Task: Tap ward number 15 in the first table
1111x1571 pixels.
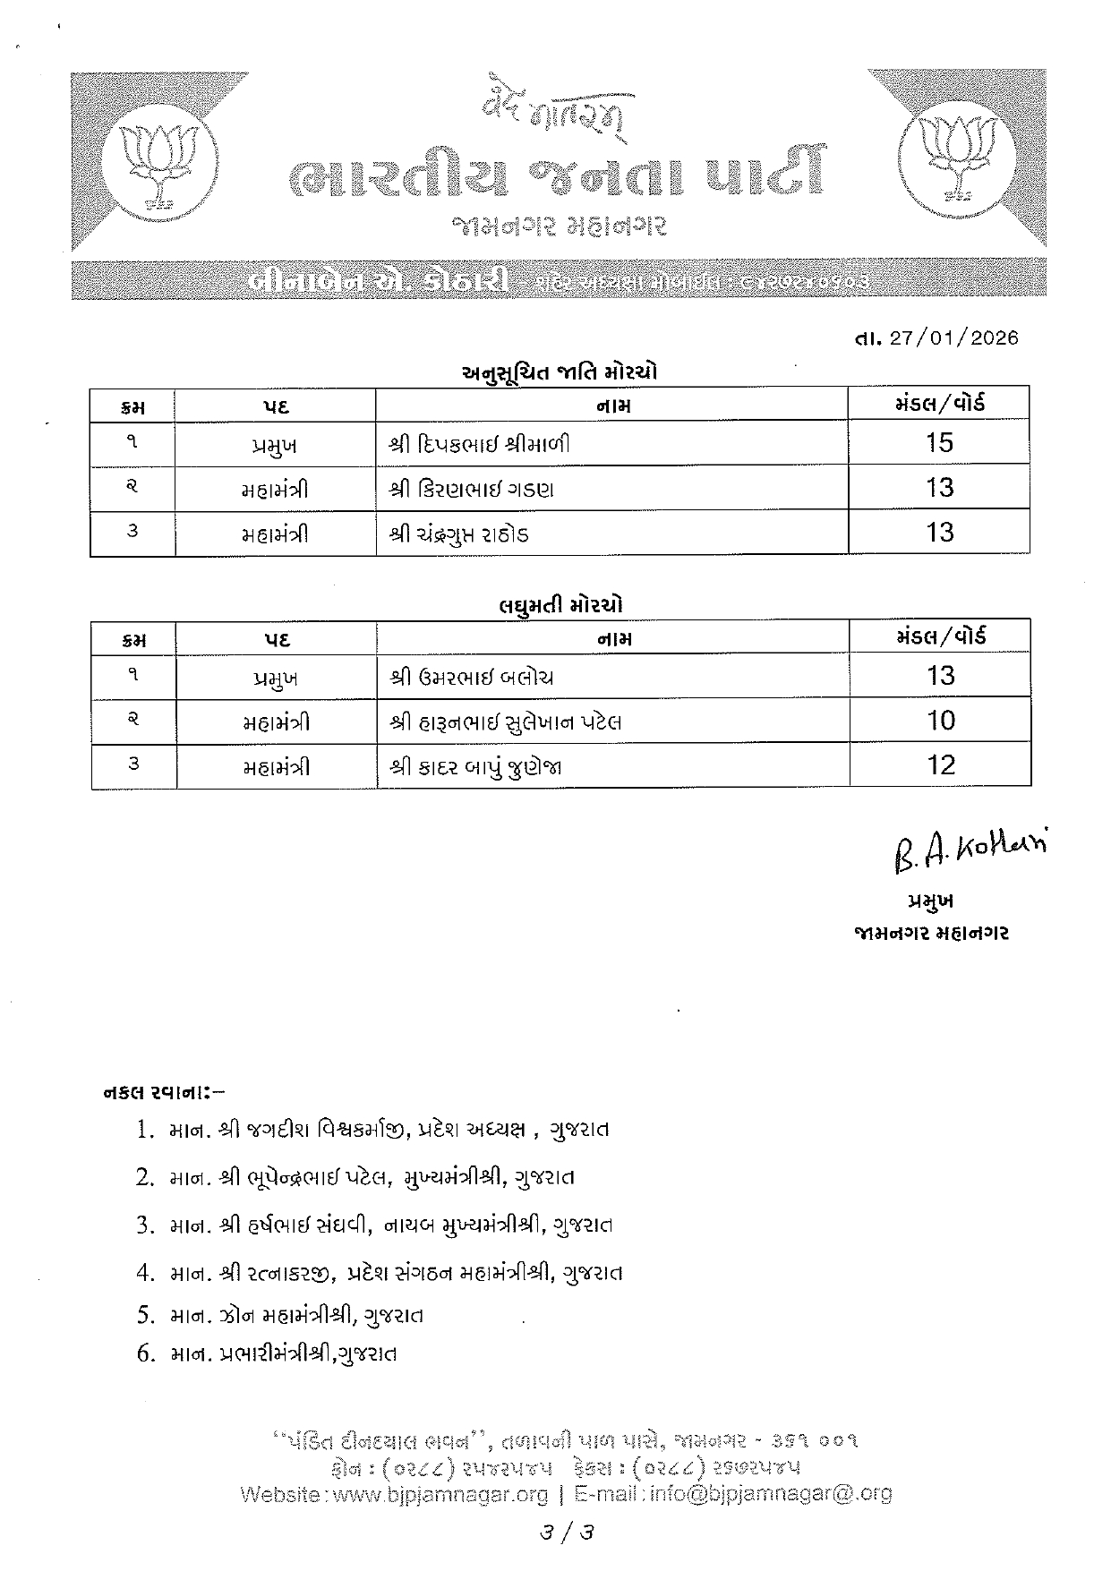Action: [x=939, y=442]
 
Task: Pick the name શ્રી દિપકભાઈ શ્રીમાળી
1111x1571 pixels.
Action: [x=479, y=444]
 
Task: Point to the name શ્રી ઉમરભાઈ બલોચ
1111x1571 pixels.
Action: [x=472, y=677]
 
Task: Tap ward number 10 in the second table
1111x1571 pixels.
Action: [x=941, y=721]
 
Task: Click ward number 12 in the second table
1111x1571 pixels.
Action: [x=942, y=765]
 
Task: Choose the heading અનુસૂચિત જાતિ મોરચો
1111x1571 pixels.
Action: [x=559, y=371]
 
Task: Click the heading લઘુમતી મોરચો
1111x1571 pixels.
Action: [x=560, y=605]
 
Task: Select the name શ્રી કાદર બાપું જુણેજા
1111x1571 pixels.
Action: [x=476, y=767]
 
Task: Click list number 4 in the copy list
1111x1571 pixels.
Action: [x=146, y=1272]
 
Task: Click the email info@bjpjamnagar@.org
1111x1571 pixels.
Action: [x=771, y=1493]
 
